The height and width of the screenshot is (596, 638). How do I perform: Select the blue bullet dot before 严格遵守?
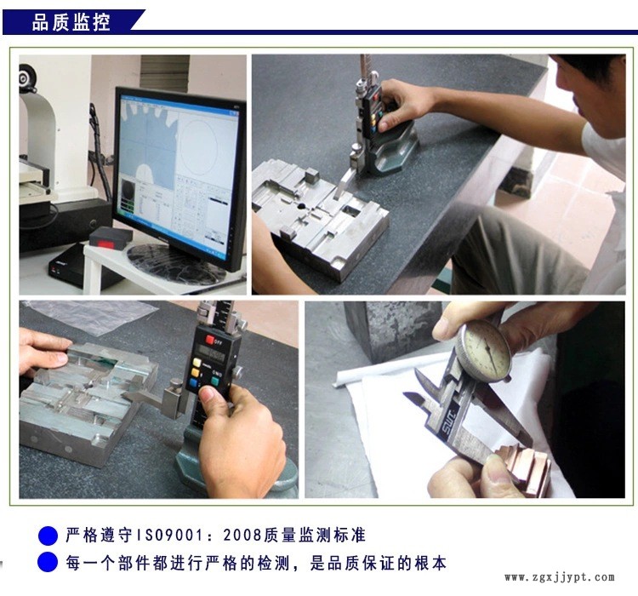(x=48, y=536)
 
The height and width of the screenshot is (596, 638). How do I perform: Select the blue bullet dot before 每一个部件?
(x=48, y=563)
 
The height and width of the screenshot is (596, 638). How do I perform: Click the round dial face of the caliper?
(x=483, y=349)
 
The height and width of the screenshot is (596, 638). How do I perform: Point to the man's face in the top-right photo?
(x=595, y=94)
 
